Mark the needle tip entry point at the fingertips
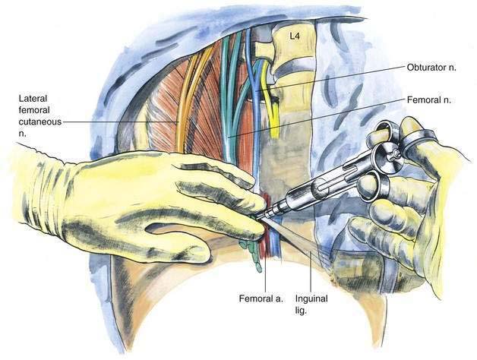256,217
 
